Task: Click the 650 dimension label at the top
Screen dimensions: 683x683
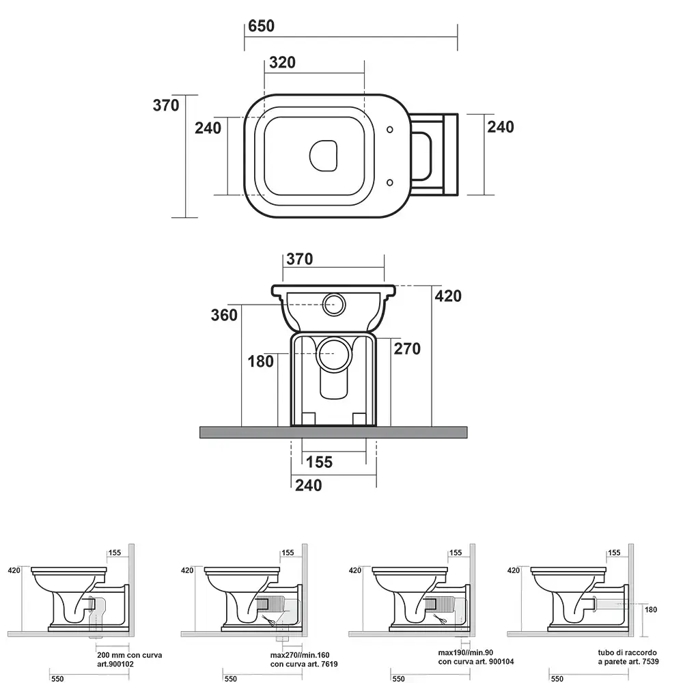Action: click(262, 26)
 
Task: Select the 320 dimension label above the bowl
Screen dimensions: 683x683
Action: click(282, 63)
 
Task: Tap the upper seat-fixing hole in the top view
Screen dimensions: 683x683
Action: click(390, 129)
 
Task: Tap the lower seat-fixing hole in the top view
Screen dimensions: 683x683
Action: click(390, 182)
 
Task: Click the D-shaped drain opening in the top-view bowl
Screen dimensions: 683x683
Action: click(324, 156)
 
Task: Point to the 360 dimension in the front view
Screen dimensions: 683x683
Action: click(224, 315)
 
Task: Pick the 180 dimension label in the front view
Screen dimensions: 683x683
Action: click(260, 361)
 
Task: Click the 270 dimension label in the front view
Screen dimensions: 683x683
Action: click(407, 348)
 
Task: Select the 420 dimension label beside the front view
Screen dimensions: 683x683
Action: click(448, 296)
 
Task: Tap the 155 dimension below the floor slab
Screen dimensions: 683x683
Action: click(319, 462)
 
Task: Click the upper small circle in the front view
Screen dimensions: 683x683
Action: click(334, 304)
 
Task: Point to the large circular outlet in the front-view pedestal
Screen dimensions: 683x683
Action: click(334, 354)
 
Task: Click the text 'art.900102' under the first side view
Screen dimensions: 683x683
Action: click(115, 665)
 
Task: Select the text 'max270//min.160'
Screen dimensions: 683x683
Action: click(300, 655)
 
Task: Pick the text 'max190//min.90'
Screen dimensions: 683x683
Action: click(466, 653)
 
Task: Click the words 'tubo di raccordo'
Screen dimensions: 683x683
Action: click(627, 652)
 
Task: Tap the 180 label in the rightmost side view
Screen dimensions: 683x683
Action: click(651, 610)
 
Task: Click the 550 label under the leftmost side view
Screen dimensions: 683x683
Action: click(57, 678)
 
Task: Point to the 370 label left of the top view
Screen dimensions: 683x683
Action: click(166, 105)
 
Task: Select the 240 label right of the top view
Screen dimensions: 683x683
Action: click(501, 127)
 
